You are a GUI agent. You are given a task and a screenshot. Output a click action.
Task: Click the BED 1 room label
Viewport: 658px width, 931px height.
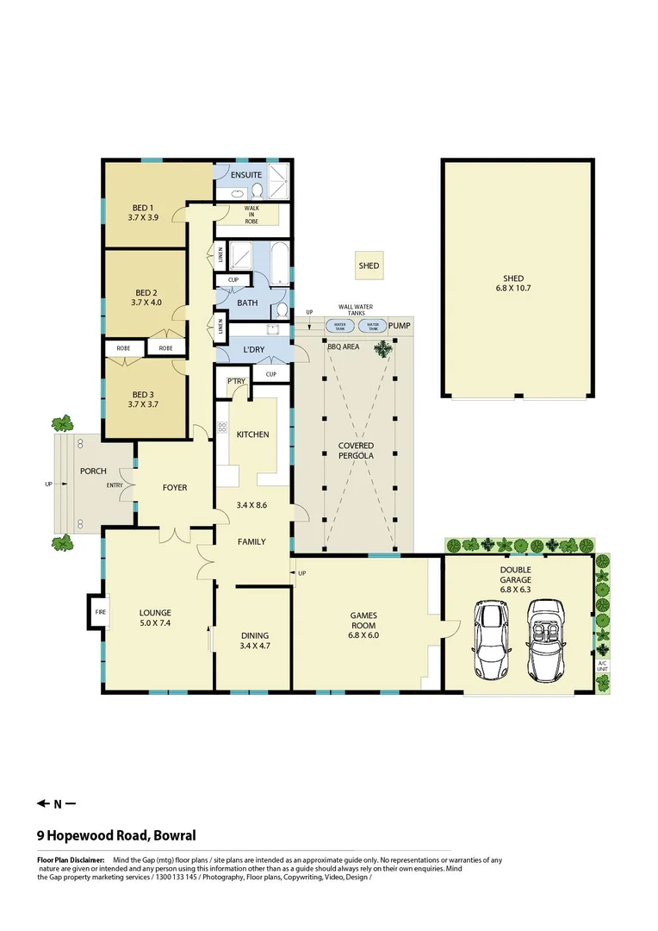point(143,213)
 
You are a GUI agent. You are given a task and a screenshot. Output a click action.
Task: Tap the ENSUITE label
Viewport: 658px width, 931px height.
point(245,175)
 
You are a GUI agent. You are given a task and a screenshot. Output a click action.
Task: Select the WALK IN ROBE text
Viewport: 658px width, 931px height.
point(251,215)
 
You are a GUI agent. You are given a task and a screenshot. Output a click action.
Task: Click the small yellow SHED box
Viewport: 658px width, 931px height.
point(369,266)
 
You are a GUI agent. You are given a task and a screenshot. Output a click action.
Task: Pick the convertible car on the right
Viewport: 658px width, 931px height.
point(547,640)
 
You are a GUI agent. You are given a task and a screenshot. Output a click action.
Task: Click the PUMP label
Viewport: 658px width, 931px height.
point(399,326)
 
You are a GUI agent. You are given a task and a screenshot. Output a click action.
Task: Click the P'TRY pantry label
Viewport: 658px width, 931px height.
point(236,382)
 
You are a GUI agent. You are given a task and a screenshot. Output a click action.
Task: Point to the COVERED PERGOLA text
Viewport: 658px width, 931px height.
point(356,451)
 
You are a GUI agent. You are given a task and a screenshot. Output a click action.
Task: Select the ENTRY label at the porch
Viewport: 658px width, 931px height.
point(115,485)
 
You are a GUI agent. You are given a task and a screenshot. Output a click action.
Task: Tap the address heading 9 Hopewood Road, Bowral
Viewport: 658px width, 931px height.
point(116,835)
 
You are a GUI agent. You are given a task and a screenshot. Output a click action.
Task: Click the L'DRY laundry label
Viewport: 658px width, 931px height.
point(253,349)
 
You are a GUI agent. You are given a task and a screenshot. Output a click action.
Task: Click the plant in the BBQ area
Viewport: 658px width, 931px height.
point(380,348)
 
